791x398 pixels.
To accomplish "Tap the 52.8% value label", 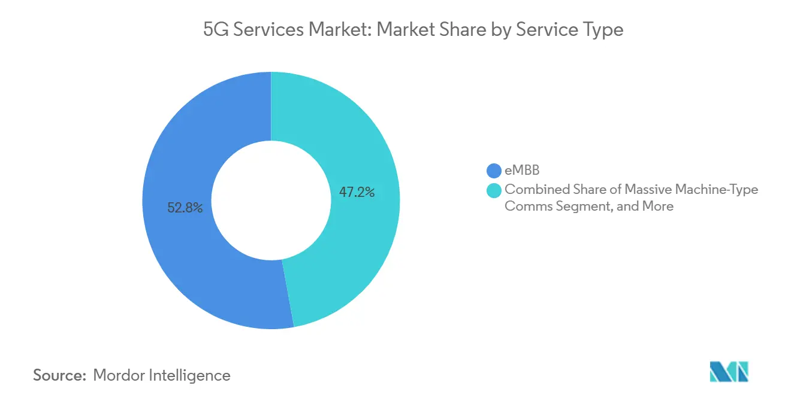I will point(185,208).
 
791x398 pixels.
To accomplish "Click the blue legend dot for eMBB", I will point(494,171).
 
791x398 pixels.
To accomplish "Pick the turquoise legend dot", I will point(494,190).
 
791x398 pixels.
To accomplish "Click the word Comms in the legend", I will point(523,206).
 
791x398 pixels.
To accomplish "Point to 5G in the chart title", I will point(216,29).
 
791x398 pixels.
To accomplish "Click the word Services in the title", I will point(267,29).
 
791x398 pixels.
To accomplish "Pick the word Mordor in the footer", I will point(120,375).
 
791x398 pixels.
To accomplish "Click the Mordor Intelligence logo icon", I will point(729,372).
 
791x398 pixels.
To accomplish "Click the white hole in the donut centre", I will point(271,200).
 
